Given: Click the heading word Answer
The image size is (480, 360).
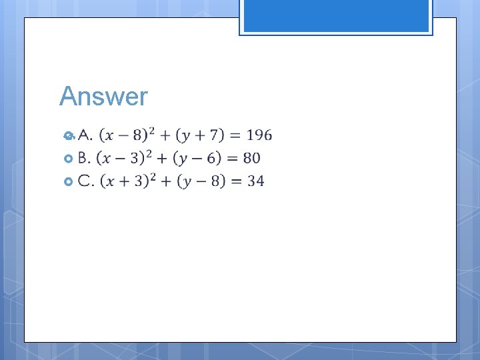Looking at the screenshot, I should pos(103,97).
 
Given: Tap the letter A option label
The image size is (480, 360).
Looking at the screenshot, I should pos(85,135).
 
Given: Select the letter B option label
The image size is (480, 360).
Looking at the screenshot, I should pos(84,158).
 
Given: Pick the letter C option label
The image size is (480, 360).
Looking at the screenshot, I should pos(85,181).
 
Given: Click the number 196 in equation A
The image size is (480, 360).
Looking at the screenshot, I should pos(259,135).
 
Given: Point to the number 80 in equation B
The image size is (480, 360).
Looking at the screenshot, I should pos(251,158).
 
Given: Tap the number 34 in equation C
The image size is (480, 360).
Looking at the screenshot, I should pos(255,181).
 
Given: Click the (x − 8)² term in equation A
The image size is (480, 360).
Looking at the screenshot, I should pos(127,135).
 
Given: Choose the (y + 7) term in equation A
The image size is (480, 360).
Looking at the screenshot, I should pos(199,135).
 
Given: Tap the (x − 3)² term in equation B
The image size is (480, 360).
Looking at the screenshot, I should pos(124,157).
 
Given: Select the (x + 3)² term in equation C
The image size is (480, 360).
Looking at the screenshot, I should pos(127,180).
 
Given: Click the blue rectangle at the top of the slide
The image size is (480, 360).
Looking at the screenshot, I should pos(336,16).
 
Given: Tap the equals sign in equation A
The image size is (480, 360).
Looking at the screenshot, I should pos(234,136).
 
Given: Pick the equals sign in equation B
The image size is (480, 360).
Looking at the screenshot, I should pos(231,159).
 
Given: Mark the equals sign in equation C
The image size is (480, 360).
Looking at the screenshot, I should pos(234,181).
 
